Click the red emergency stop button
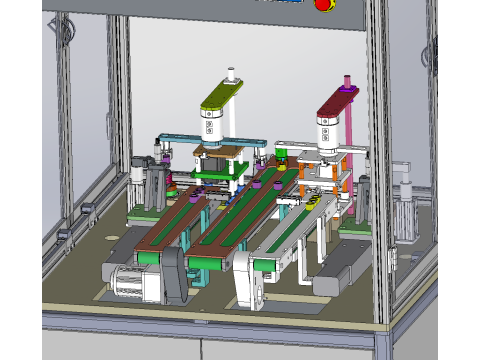(323, 4)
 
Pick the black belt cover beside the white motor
(172, 274)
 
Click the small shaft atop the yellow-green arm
(232, 74)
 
